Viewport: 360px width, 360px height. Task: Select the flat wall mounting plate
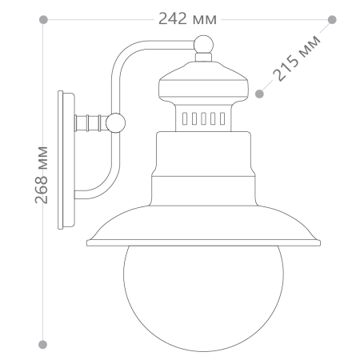click(65, 160)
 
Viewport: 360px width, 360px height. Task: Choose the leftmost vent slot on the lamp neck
click(184, 119)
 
